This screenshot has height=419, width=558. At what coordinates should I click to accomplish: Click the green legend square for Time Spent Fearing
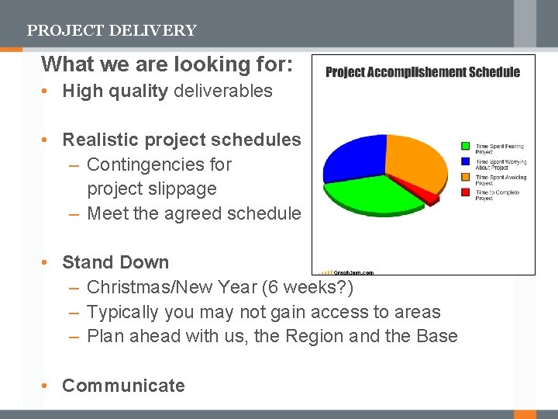click(x=465, y=145)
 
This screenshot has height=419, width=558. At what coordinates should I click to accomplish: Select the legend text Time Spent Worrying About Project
click(x=500, y=164)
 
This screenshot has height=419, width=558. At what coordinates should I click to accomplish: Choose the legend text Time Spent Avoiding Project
click(x=500, y=180)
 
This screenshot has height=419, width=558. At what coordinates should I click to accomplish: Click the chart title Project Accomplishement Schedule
click(x=422, y=72)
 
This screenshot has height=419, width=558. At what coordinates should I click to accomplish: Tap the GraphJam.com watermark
click(x=353, y=272)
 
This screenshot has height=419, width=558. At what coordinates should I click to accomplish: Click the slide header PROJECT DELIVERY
click(x=112, y=31)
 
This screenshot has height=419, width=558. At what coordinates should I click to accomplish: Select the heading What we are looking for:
click(x=167, y=64)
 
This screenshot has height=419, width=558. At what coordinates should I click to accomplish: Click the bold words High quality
click(x=115, y=91)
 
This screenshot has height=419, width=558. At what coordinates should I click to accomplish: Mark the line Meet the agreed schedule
click(x=194, y=213)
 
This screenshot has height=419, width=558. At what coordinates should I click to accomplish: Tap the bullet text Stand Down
click(x=115, y=262)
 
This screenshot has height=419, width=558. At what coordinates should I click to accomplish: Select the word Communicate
click(x=123, y=386)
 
